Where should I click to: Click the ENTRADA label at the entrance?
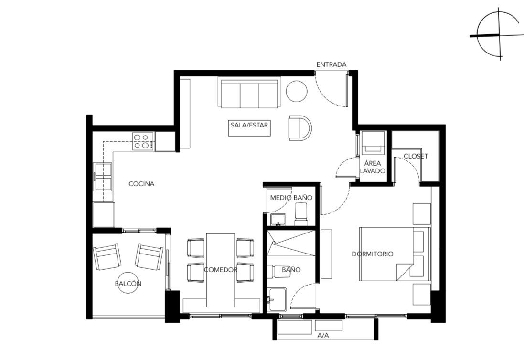point(331,64)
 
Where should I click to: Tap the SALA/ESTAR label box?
point(249,126)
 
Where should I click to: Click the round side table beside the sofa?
point(297,91)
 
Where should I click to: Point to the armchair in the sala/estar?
point(299,128)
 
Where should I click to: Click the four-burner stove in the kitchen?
point(143,141)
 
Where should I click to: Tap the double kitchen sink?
point(103,177)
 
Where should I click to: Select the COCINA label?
point(141,184)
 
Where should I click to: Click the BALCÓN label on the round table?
point(128,284)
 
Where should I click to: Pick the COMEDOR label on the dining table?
point(220,270)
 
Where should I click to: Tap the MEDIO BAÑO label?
point(291,197)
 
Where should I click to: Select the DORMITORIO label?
point(373,254)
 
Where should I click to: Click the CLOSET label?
point(416,156)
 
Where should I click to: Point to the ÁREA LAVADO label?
point(373,167)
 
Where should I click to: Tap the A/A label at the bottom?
point(323,335)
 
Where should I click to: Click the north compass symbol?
point(498,34)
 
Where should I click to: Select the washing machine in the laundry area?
point(373,142)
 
